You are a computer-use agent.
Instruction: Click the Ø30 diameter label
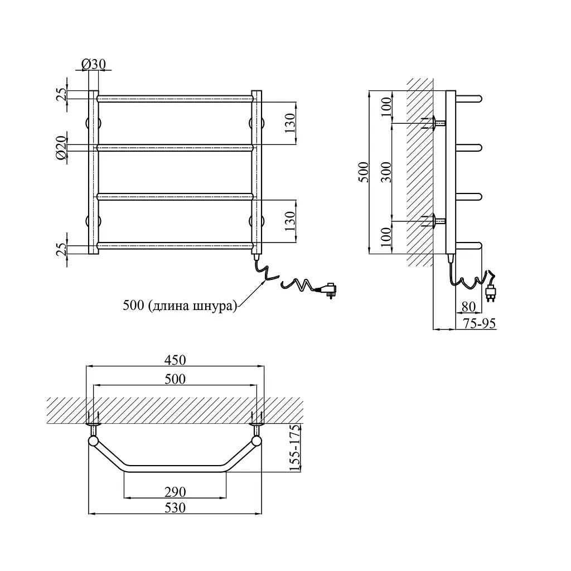[94, 65]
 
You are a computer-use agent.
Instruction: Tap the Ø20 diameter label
[61, 147]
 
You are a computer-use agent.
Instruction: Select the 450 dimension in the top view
[175, 360]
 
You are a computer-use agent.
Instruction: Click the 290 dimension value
[175, 492]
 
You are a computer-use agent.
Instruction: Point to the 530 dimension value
[175, 507]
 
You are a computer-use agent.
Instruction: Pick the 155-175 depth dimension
[295, 448]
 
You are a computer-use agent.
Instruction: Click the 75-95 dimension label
[479, 323]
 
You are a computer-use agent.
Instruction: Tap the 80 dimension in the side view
[468, 307]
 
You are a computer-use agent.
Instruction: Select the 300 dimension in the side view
[386, 172]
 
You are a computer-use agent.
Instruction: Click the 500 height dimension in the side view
[364, 172]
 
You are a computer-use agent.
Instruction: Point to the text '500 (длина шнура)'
[180, 306]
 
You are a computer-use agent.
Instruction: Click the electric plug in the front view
[328, 289]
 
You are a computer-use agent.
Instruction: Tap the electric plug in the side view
[490, 293]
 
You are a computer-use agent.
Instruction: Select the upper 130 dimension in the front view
[290, 123]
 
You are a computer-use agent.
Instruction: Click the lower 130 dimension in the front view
[290, 221]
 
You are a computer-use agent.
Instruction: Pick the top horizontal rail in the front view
[175, 99]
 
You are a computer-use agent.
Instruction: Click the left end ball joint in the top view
[93, 442]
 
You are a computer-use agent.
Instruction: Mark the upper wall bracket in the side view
[434, 123]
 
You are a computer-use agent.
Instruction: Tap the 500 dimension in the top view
[175, 379]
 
